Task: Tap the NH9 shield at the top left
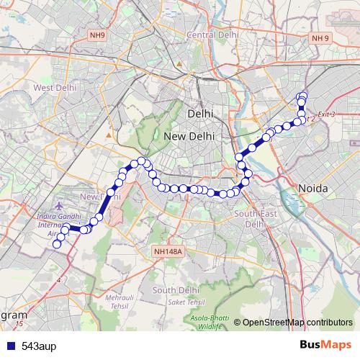tap(98, 35)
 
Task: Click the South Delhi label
tap(176, 290)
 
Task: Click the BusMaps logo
tap(325, 345)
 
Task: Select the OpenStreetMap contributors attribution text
tap(297, 323)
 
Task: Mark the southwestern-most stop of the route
tap(57, 244)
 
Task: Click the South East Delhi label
tap(256, 219)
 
